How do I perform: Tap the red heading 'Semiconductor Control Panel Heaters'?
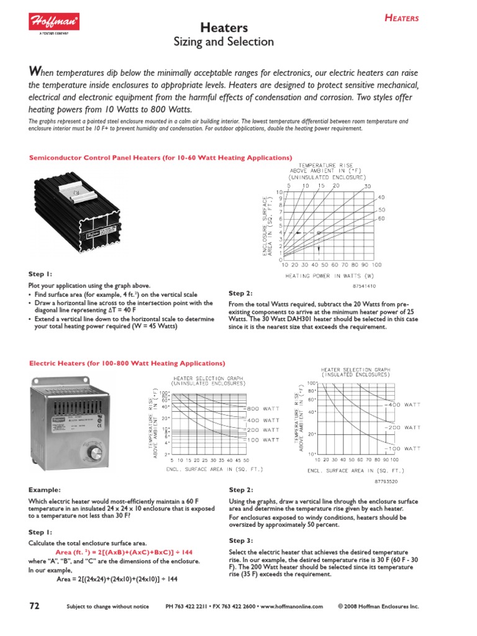coord(161,158)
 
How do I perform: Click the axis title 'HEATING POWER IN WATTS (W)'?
coord(329,274)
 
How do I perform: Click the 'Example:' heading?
coord(45,490)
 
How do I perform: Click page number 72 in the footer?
coord(37,606)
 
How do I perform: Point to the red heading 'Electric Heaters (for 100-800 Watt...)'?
coord(127,363)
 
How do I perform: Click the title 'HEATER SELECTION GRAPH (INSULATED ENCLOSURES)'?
coord(356,371)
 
